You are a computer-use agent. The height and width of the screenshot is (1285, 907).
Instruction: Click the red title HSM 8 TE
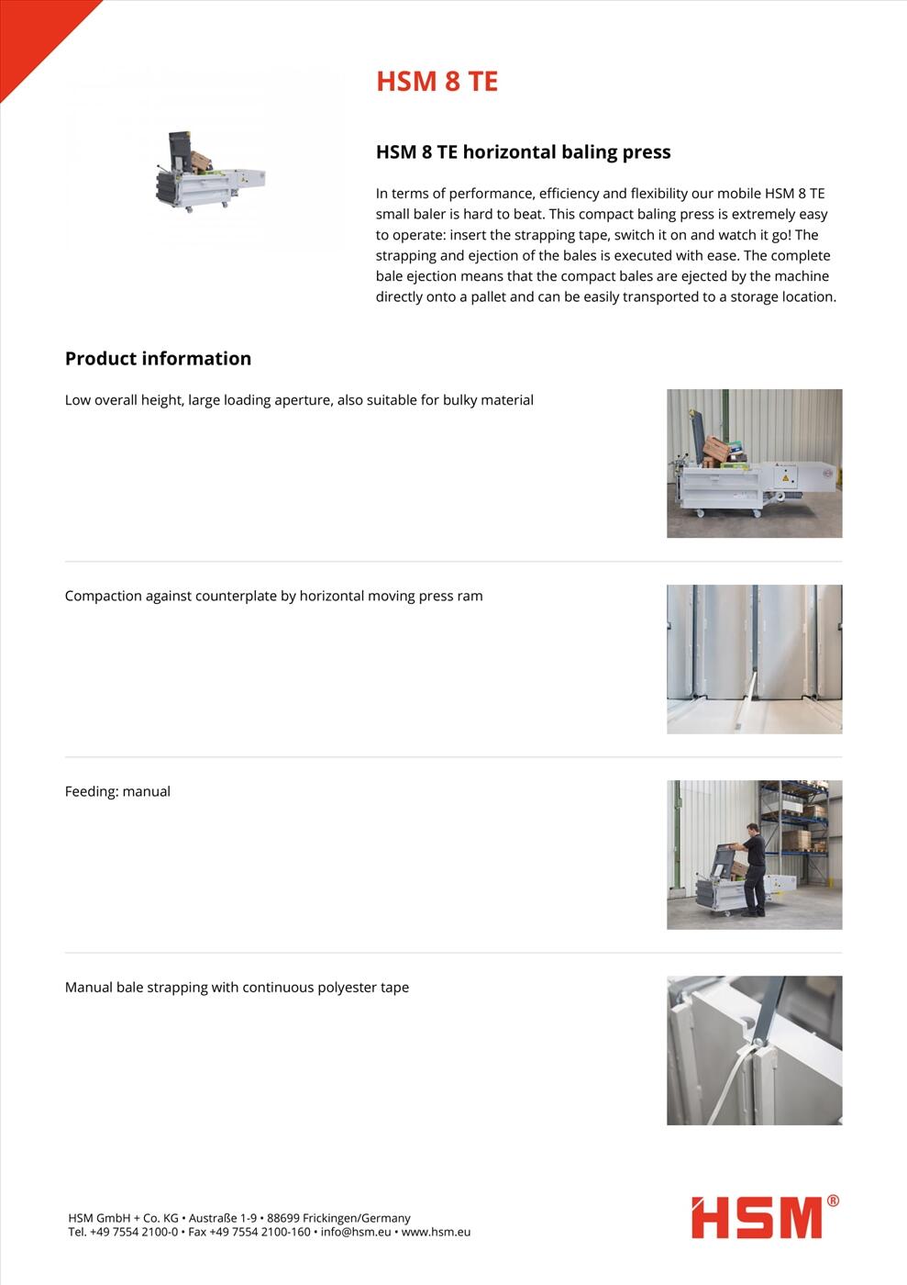tap(437, 82)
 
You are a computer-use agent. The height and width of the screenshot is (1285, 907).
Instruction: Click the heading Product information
tap(158, 359)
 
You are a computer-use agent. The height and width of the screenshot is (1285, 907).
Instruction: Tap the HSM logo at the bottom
tap(757, 1218)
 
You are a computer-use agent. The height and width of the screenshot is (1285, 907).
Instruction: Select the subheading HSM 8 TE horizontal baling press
tap(523, 152)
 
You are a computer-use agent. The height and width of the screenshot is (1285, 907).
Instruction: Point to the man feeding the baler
tap(753, 867)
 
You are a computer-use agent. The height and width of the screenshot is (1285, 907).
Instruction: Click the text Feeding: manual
tap(117, 791)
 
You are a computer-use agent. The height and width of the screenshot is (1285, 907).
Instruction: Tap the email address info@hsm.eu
tap(356, 1232)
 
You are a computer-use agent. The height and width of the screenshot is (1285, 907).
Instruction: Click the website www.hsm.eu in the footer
tap(436, 1232)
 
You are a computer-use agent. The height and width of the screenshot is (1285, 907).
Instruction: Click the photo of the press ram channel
tap(754, 659)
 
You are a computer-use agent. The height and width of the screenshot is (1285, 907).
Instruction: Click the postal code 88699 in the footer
tap(282, 1218)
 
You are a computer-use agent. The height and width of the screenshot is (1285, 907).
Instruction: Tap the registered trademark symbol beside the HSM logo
tap(833, 1201)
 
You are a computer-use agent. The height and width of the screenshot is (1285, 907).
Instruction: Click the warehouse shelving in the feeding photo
tap(798, 817)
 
